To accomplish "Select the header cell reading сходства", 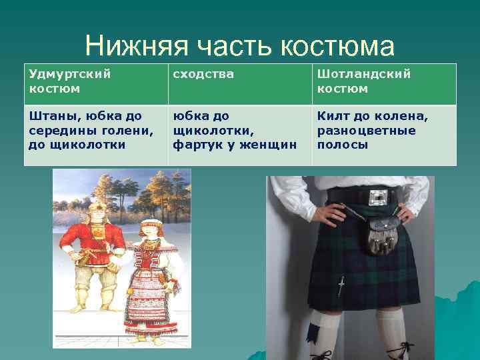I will [203, 74].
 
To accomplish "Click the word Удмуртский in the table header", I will [70, 74].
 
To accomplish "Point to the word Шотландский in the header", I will [364, 74].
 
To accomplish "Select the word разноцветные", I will [366, 130].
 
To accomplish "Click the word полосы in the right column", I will [342, 144].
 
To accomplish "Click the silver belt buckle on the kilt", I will [377, 197].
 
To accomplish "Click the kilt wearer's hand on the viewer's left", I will [331, 213].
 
